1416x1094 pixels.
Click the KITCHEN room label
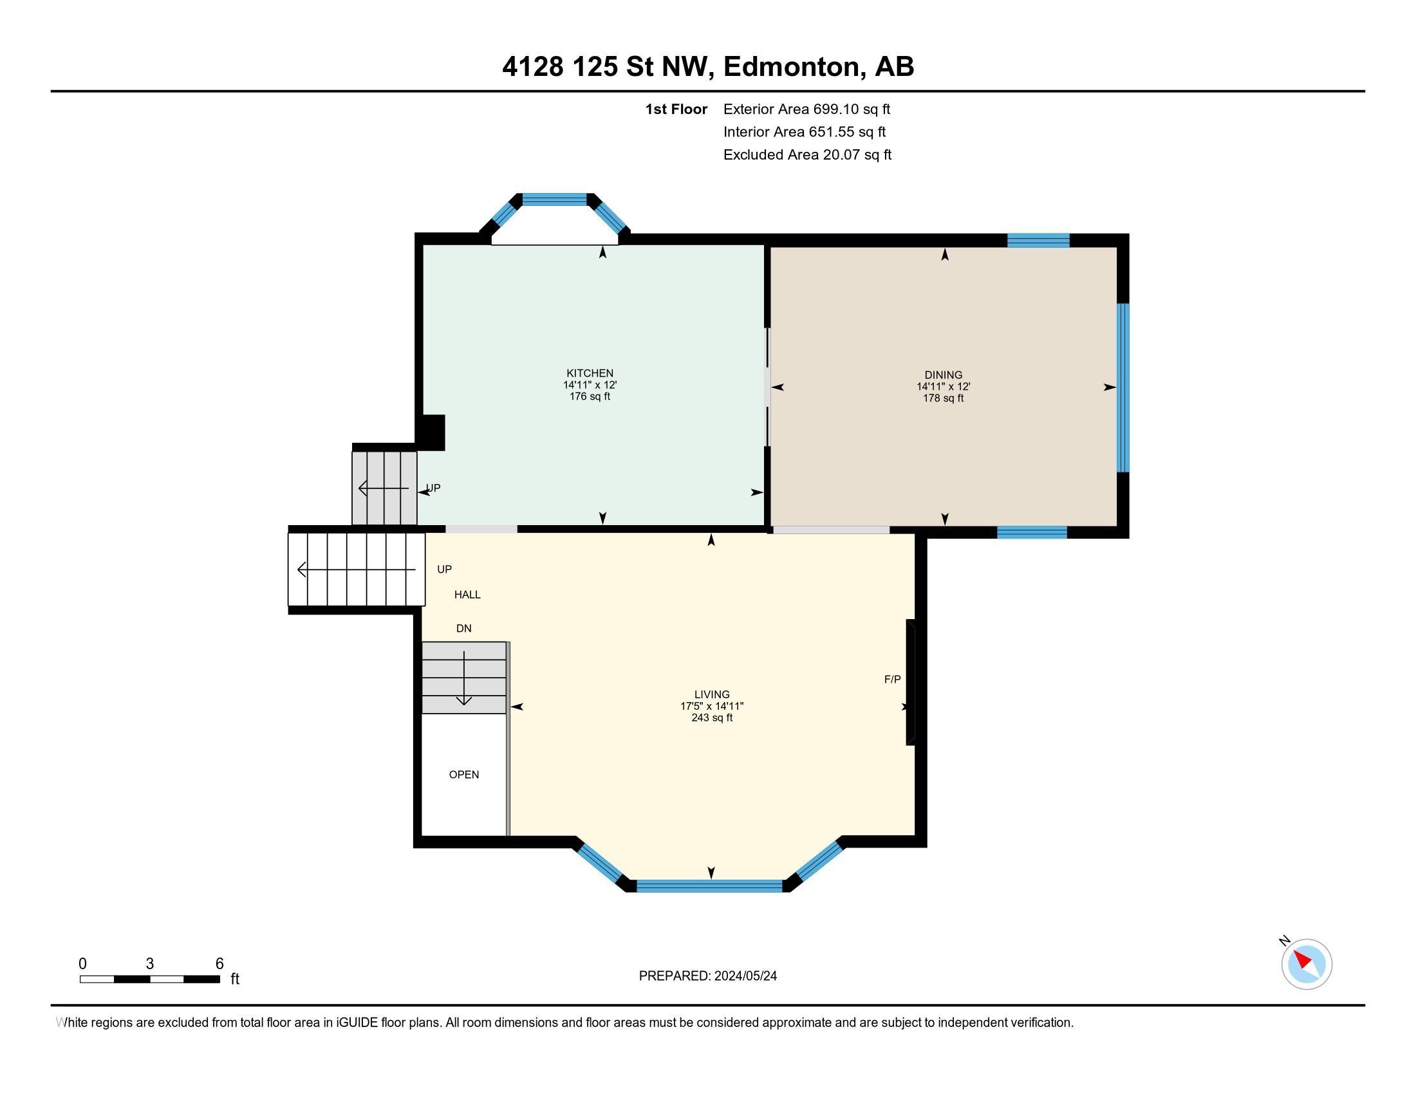point(590,373)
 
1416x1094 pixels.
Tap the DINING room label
point(944,375)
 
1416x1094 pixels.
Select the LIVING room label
point(711,694)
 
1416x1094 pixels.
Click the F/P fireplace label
point(892,679)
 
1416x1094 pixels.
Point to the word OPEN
point(463,774)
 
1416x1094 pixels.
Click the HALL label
point(467,595)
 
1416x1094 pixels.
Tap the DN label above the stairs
point(463,628)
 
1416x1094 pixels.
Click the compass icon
point(1306,964)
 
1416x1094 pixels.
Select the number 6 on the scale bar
point(219,964)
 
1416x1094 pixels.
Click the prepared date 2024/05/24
point(745,976)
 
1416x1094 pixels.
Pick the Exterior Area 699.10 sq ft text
point(806,109)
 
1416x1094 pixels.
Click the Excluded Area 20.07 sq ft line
point(807,154)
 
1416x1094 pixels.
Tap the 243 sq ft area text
point(711,718)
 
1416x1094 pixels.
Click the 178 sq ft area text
point(944,398)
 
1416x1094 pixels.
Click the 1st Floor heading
point(676,109)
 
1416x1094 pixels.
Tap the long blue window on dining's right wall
point(1123,387)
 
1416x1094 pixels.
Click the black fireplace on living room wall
point(910,681)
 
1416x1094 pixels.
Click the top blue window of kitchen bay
point(554,199)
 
